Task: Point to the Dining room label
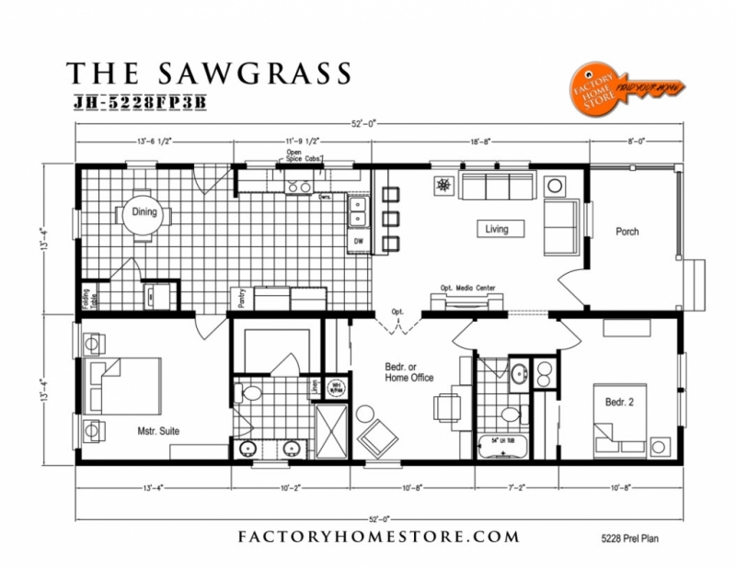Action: pos(144,212)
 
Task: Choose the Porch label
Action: pos(627,232)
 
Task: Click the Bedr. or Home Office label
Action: pos(408,371)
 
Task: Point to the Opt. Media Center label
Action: pos(467,288)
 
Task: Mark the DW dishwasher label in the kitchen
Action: pos(358,241)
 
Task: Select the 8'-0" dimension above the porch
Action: pos(634,142)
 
